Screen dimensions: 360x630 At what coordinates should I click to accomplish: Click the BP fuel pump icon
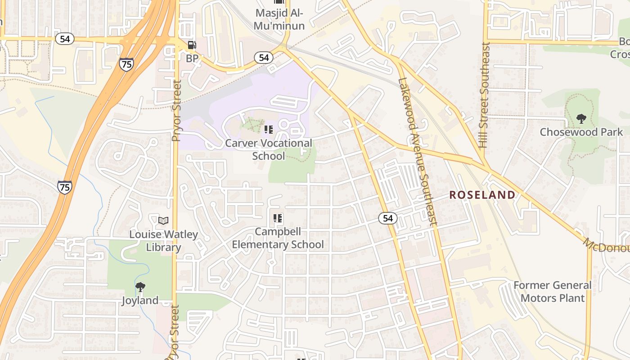point(192,45)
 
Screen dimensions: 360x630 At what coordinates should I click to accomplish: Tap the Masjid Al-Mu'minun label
point(279,19)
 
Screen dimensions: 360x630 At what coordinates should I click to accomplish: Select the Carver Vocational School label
point(269,149)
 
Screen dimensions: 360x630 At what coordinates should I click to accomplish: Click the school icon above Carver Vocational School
point(269,130)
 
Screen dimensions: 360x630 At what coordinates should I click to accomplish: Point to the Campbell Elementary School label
point(278,238)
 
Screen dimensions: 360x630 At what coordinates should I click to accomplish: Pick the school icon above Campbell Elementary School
point(278,219)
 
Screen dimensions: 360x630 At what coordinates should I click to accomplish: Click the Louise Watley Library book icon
point(163,220)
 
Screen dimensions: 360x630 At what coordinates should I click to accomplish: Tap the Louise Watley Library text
point(163,241)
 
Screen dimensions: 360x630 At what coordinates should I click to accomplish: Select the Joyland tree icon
point(140,287)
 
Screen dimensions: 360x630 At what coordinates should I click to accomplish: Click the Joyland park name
point(140,301)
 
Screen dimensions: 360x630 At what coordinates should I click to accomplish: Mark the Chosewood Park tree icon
point(581,119)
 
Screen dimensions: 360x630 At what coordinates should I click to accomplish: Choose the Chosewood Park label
point(581,132)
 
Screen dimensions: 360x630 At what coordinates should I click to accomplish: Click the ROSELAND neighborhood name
point(482,195)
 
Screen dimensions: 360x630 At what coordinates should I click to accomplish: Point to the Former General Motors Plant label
point(553,292)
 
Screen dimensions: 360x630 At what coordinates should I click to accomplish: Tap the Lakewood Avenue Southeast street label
point(418,151)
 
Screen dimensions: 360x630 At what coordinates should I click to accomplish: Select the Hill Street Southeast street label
point(484,95)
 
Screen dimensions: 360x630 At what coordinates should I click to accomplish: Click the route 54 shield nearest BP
point(264,58)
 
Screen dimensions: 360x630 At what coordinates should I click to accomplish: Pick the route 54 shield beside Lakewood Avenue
point(388,219)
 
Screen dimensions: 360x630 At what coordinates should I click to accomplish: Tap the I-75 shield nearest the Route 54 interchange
point(126,64)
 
